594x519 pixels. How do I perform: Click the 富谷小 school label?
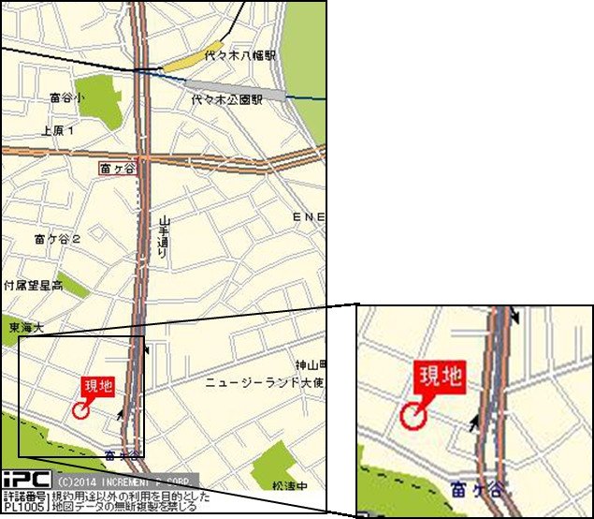66,97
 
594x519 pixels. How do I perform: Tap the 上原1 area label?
58,131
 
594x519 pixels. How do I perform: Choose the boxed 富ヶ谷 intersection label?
118,169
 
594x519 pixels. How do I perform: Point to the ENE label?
309,217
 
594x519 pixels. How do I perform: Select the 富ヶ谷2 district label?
57,239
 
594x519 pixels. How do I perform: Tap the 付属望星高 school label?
33,284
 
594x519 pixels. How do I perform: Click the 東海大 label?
26,327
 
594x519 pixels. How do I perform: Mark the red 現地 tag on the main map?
97,386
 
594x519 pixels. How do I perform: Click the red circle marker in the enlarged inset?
413,414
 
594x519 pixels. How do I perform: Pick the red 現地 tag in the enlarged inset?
440,377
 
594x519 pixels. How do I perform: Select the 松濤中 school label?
289,486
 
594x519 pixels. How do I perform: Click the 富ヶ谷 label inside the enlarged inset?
473,489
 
